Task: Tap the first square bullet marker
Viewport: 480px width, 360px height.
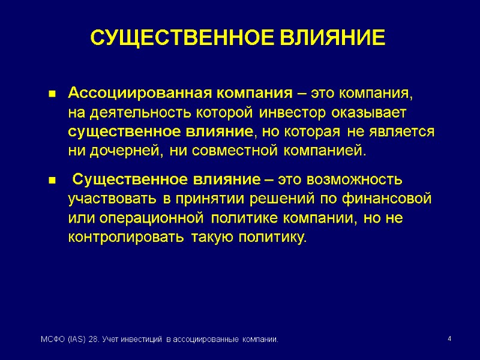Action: pyautogui.click(x=52, y=94)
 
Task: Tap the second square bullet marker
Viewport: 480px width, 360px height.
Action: pyautogui.click(x=52, y=181)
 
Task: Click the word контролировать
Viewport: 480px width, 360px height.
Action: pyautogui.click(x=125, y=237)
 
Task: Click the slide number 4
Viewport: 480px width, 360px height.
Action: pyautogui.click(x=449, y=340)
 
